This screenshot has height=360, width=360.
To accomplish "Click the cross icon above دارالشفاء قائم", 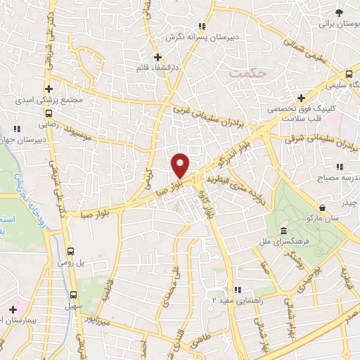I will pos(157,57).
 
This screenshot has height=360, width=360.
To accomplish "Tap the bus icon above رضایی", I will pos(49,111).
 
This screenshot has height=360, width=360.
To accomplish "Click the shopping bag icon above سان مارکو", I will pos(321,208).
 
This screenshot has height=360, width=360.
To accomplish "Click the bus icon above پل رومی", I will pos(70,250).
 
